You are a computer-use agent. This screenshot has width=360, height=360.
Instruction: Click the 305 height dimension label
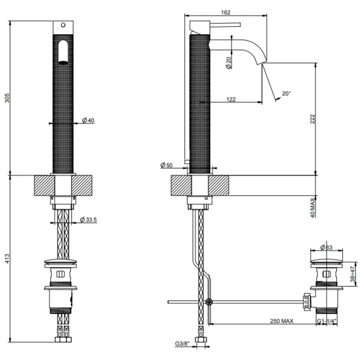[x=7, y=98]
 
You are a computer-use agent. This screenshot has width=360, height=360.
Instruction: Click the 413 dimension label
[x=7, y=258]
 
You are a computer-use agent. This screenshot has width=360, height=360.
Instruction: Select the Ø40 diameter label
[x=88, y=120]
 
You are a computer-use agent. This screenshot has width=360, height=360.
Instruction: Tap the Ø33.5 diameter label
[x=89, y=220]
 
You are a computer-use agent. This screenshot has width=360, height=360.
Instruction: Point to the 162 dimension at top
[x=226, y=12]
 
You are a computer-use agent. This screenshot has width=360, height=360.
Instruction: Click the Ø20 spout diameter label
[x=229, y=63]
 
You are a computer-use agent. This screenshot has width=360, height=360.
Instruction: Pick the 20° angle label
[x=286, y=94]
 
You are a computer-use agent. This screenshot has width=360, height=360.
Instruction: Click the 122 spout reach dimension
[x=231, y=99]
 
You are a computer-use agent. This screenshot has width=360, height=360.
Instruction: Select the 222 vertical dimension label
[x=312, y=119]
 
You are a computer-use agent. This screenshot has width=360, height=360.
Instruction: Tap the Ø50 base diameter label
[x=166, y=165]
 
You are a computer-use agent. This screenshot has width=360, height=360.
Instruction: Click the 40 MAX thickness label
[x=312, y=208]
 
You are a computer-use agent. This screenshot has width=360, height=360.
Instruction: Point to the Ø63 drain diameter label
[x=326, y=247]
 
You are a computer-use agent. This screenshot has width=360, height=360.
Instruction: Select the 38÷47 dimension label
[x=353, y=274]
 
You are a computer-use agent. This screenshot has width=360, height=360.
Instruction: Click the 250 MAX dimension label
[x=282, y=321]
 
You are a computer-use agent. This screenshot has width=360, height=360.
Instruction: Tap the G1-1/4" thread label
[x=327, y=321]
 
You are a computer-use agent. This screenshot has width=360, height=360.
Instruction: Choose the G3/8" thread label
[x=183, y=344]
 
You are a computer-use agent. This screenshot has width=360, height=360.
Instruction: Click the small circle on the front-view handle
[x=63, y=25]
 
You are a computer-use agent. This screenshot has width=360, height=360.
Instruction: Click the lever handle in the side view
[x=225, y=24]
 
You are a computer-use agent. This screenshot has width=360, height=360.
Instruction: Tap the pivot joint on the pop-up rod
[x=209, y=302]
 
